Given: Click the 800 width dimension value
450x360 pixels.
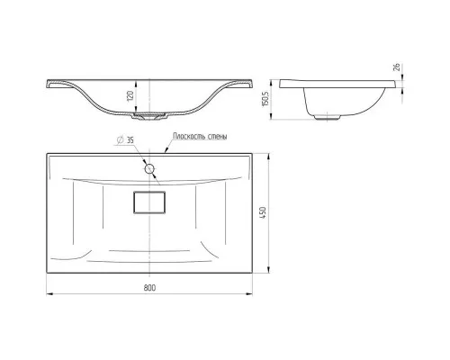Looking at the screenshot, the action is pyautogui.click(x=149, y=288).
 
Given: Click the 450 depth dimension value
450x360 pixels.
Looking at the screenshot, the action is pyautogui.click(x=263, y=212).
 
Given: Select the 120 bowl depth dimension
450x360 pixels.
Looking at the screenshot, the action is pyautogui.click(x=130, y=95).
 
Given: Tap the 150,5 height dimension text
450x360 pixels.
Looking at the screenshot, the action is pyautogui.click(x=265, y=99).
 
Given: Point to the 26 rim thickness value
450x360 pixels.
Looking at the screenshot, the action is pyautogui.click(x=396, y=67).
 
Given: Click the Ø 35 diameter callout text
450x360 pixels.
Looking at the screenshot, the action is pyautogui.click(x=125, y=140).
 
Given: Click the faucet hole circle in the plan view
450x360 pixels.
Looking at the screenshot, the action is pyautogui.click(x=149, y=169).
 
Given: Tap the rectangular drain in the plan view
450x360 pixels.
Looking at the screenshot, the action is pyautogui.click(x=149, y=202).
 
